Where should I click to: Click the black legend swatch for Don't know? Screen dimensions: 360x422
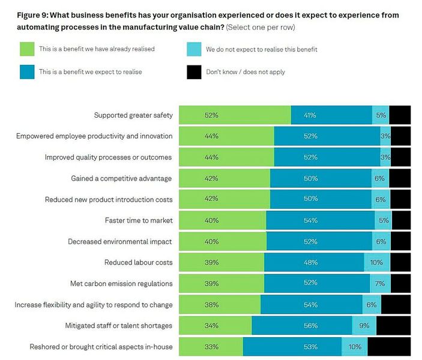click(194, 73)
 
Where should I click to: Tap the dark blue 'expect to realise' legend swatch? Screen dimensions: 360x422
click(27, 73)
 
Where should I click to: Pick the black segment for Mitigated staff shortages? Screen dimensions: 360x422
click(393, 326)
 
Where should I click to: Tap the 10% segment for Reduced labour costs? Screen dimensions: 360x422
click(376, 263)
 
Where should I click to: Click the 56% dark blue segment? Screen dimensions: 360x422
click(301, 326)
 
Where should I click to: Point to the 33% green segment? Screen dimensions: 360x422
click(211, 347)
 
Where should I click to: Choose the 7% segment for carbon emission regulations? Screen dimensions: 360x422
click(380, 284)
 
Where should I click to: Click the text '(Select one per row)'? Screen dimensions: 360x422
click(261, 28)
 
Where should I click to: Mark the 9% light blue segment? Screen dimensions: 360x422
click(364, 326)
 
